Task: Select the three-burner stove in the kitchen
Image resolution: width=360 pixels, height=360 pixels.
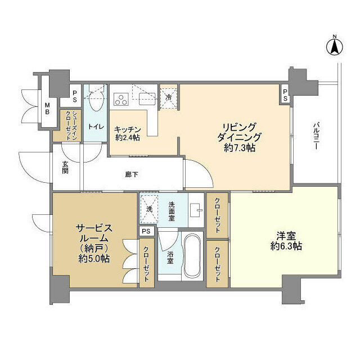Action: (120, 100)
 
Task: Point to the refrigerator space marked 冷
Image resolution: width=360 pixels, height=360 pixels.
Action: (169, 96)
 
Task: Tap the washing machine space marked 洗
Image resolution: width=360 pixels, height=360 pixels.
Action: (149, 208)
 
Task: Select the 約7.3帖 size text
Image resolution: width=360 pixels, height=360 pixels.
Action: (239, 148)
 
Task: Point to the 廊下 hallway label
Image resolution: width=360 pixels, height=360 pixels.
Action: (132, 174)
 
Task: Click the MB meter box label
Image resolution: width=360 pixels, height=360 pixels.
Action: (47, 109)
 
